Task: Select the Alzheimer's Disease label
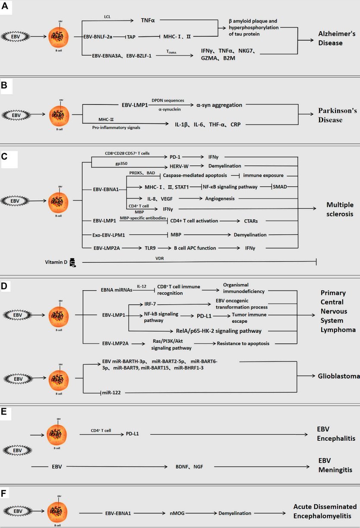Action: pyautogui.click(x=336, y=38)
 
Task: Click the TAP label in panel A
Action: pyautogui.click(x=131, y=37)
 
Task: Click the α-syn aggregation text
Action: pyautogui.click(x=219, y=105)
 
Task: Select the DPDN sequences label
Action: pyautogui.click(x=168, y=100)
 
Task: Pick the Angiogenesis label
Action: pyautogui.click(x=221, y=198)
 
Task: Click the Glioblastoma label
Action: pyautogui.click(x=338, y=376)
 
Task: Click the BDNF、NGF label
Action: pyautogui.click(x=188, y=466)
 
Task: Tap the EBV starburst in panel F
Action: pyautogui.click(x=17, y=511)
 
